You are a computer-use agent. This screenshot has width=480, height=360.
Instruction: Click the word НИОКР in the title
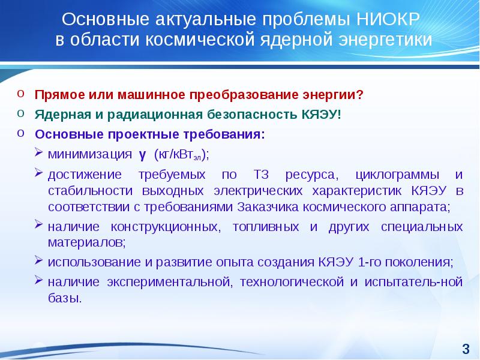click(388, 19)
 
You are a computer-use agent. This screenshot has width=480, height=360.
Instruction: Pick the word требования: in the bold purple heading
click(224, 134)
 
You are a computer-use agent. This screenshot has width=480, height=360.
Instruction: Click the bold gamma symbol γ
click(142, 155)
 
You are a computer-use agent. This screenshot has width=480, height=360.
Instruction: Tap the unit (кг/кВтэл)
click(181, 155)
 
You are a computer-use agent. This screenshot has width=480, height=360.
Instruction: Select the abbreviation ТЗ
click(261, 175)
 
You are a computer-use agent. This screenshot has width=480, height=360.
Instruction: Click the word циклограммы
click(397, 175)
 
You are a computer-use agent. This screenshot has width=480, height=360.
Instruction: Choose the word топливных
click(266, 227)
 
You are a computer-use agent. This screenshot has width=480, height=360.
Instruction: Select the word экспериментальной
click(169, 282)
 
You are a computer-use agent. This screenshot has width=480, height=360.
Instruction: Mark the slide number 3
click(466, 349)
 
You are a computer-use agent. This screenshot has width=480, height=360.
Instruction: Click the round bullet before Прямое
click(20, 94)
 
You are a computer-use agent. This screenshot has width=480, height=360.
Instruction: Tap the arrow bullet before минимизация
click(38, 152)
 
